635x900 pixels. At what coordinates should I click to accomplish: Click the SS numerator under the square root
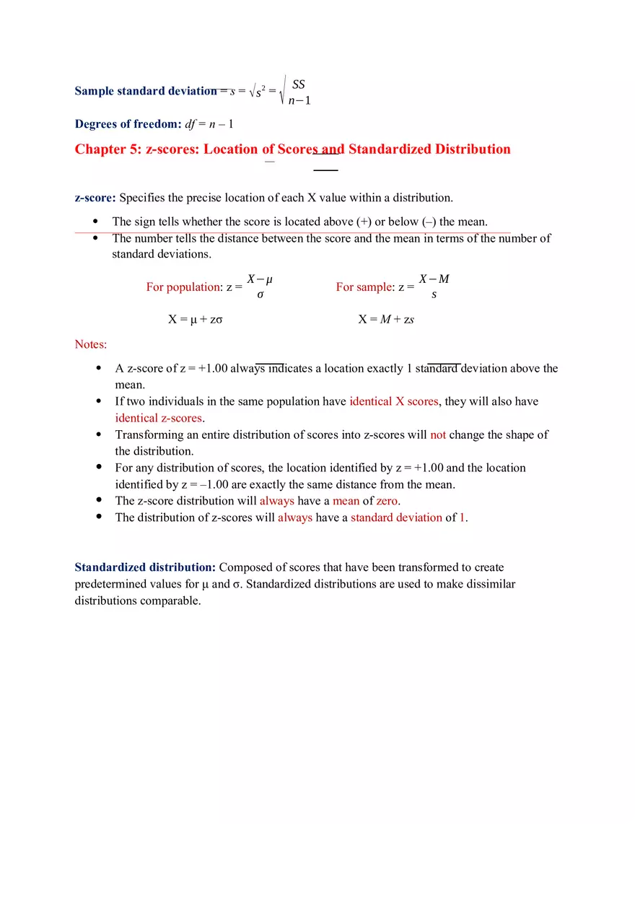coord(298,84)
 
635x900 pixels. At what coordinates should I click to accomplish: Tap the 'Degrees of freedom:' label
coord(128,123)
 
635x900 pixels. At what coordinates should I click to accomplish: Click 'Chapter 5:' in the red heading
coord(108,149)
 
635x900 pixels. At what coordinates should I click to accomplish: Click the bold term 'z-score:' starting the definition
coord(95,197)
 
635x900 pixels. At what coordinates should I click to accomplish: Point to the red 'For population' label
coord(183,287)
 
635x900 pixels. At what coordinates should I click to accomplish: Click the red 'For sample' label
coord(364,287)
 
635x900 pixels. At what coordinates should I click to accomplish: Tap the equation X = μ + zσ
coord(195,319)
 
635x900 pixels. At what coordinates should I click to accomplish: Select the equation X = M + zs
coord(386,319)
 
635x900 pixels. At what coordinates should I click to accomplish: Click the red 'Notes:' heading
coord(91,344)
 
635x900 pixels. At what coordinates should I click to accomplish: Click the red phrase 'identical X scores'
coord(394,401)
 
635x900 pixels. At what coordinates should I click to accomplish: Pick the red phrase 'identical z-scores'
coord(159,418)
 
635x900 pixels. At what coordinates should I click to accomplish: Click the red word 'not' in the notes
coord(438,434)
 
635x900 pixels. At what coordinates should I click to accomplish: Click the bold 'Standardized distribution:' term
coord(145,567)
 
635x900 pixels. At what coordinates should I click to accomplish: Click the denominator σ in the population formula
coord(260,295)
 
